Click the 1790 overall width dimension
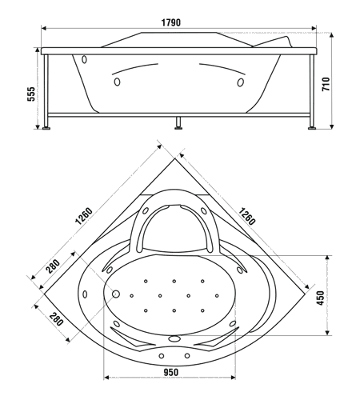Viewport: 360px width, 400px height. (171, 22)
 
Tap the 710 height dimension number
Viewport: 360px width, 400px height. (326, 84)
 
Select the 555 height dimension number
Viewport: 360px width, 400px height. (31, 94)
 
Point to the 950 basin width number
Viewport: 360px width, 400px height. (170, 372)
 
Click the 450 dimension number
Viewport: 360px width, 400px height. (321, 298)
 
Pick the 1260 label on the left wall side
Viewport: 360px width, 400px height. (84, 216)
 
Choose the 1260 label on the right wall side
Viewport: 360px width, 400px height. (246, 216)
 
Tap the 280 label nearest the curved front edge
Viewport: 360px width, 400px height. (56, 319)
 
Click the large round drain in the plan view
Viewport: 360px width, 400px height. (115, 294)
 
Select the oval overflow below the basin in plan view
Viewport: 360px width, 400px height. (174, 338)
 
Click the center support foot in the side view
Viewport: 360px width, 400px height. (178, 123)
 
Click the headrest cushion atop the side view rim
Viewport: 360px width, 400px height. (272, 42)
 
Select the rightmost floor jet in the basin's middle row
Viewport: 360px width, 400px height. (217, 296)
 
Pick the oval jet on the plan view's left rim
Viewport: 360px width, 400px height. (85, 294)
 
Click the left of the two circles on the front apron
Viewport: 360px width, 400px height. (162, 356)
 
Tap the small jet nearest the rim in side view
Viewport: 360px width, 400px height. (84, 59)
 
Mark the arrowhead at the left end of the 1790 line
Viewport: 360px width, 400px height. (44, 28)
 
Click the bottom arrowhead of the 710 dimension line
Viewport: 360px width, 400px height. (332, 126)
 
